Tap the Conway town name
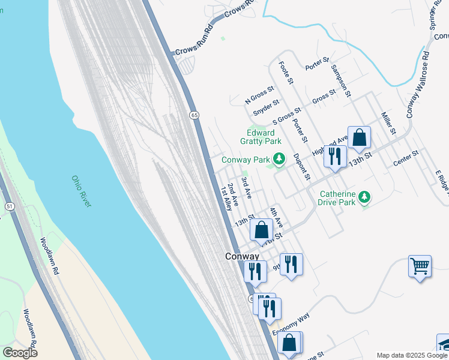242,256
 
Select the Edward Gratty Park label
261,137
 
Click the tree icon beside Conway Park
278,159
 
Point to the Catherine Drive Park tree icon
363,197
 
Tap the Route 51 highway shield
9,206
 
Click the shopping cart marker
420,265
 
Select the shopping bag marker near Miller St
359,137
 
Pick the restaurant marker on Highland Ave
334,156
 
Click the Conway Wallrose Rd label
418,84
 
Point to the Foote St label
286,72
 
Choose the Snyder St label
266,108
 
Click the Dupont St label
301,167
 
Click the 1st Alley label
226,198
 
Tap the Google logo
20,353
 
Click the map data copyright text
411,355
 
